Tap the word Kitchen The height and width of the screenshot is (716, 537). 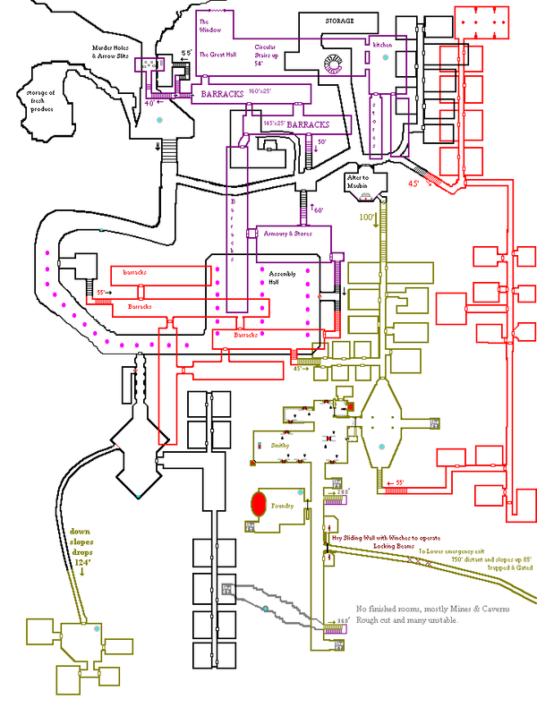(382, 43)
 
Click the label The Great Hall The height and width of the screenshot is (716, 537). (217, 54)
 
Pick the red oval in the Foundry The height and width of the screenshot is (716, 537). (260, 503)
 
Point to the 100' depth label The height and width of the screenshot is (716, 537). (366, 217)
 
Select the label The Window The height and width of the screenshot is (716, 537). (204, 26)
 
